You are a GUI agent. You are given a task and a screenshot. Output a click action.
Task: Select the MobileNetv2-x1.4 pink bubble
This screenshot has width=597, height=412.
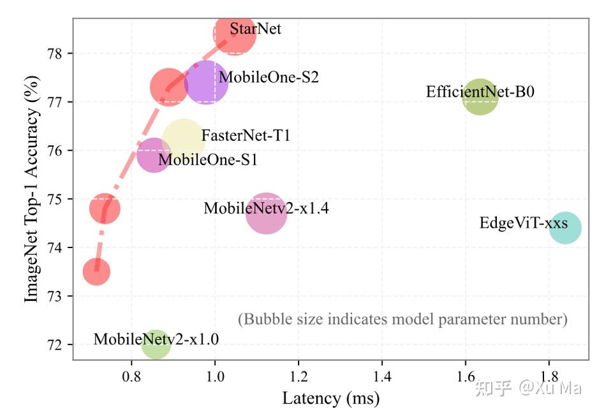[266, 214]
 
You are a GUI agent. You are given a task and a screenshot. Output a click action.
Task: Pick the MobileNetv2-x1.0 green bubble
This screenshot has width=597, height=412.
[156, 344]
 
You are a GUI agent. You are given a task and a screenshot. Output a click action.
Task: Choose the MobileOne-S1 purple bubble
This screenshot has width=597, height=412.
[153, 155]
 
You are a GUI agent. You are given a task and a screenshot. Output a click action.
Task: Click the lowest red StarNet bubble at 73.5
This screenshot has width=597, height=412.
[96, 272]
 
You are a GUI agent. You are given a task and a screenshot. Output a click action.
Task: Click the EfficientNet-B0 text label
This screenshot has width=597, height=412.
[480, 92]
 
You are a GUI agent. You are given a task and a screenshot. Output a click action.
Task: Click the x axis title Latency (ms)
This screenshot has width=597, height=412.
[330, 399]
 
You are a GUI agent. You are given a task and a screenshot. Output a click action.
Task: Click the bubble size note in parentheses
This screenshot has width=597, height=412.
[402, 319]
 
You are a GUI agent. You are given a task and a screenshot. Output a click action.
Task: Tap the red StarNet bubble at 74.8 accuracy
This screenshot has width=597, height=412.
[105, 208]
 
